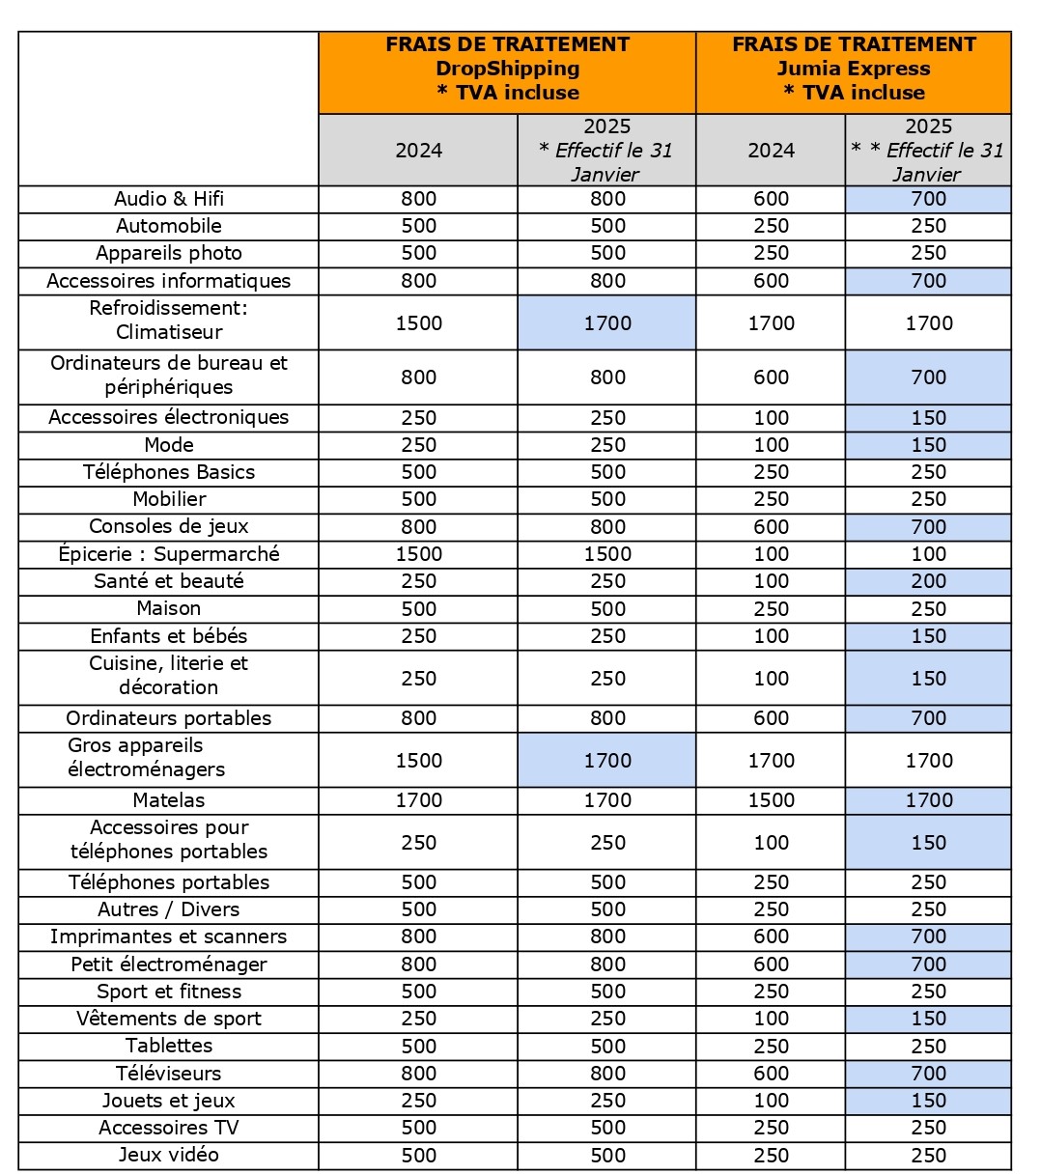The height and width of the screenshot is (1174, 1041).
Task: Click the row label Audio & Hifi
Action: point(169,199)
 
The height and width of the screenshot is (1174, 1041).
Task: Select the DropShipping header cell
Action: point(507,70)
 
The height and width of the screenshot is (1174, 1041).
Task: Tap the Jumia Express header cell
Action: point(854,70)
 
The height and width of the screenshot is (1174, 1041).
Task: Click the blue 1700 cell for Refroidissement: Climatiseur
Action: point(607,323)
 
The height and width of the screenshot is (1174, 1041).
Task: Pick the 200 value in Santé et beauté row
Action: point(928,581)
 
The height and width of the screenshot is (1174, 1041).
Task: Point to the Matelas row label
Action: point(169,800)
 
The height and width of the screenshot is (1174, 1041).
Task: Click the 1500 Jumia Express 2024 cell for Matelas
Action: point(771,800)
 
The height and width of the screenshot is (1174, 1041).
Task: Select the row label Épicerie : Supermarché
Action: point(169,554)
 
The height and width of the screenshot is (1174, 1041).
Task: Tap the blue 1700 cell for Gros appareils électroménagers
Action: point(607,760)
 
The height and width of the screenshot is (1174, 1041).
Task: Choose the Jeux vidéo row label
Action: point(169,1155)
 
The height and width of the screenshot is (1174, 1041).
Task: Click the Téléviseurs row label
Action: point(169,1074)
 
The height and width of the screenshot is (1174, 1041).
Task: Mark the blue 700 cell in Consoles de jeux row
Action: point(928,527)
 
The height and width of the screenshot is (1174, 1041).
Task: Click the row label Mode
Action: point(169,445)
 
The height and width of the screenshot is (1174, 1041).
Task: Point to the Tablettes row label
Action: point(169,1046)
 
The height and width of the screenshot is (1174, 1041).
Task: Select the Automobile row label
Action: point(169,226)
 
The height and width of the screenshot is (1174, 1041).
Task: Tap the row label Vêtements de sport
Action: point(169,1019)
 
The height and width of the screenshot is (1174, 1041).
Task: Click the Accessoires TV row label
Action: point(169,1128)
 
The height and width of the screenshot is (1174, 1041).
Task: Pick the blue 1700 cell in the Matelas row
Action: point(928,800)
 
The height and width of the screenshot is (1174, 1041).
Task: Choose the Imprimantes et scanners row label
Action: point(169,936)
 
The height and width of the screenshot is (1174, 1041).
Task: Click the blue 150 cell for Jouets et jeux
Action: point(928,1101)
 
